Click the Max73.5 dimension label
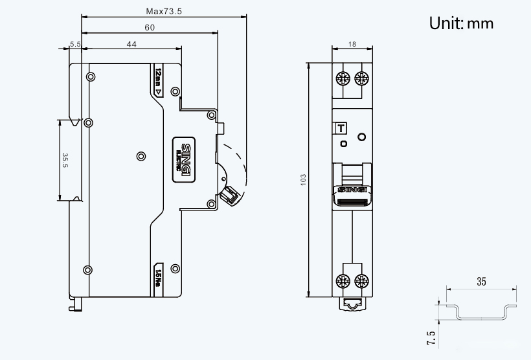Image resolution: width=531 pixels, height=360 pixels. point(163,11)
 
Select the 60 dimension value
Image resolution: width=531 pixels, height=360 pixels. point(150,27)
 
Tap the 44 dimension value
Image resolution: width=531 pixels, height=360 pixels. point(131,44)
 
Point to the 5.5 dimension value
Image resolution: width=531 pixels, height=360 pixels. point(75,44)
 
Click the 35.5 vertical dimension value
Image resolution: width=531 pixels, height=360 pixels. point(65,160)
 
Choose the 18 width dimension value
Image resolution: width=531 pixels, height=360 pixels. point(352,44)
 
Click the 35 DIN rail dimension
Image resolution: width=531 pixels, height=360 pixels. point(481,282)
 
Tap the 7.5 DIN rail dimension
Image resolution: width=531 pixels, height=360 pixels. point(431,337)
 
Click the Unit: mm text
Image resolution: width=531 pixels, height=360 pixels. point(461,23)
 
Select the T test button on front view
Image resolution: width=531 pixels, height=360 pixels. point(339,128)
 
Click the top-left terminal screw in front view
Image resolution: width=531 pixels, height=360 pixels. point(343,79)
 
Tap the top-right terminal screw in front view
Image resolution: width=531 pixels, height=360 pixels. point(362,79)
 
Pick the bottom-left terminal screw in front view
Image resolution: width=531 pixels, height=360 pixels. point(343,280)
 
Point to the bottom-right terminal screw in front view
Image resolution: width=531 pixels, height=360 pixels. point(362,280)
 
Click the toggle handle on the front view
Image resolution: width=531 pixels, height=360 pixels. point(352,183)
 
